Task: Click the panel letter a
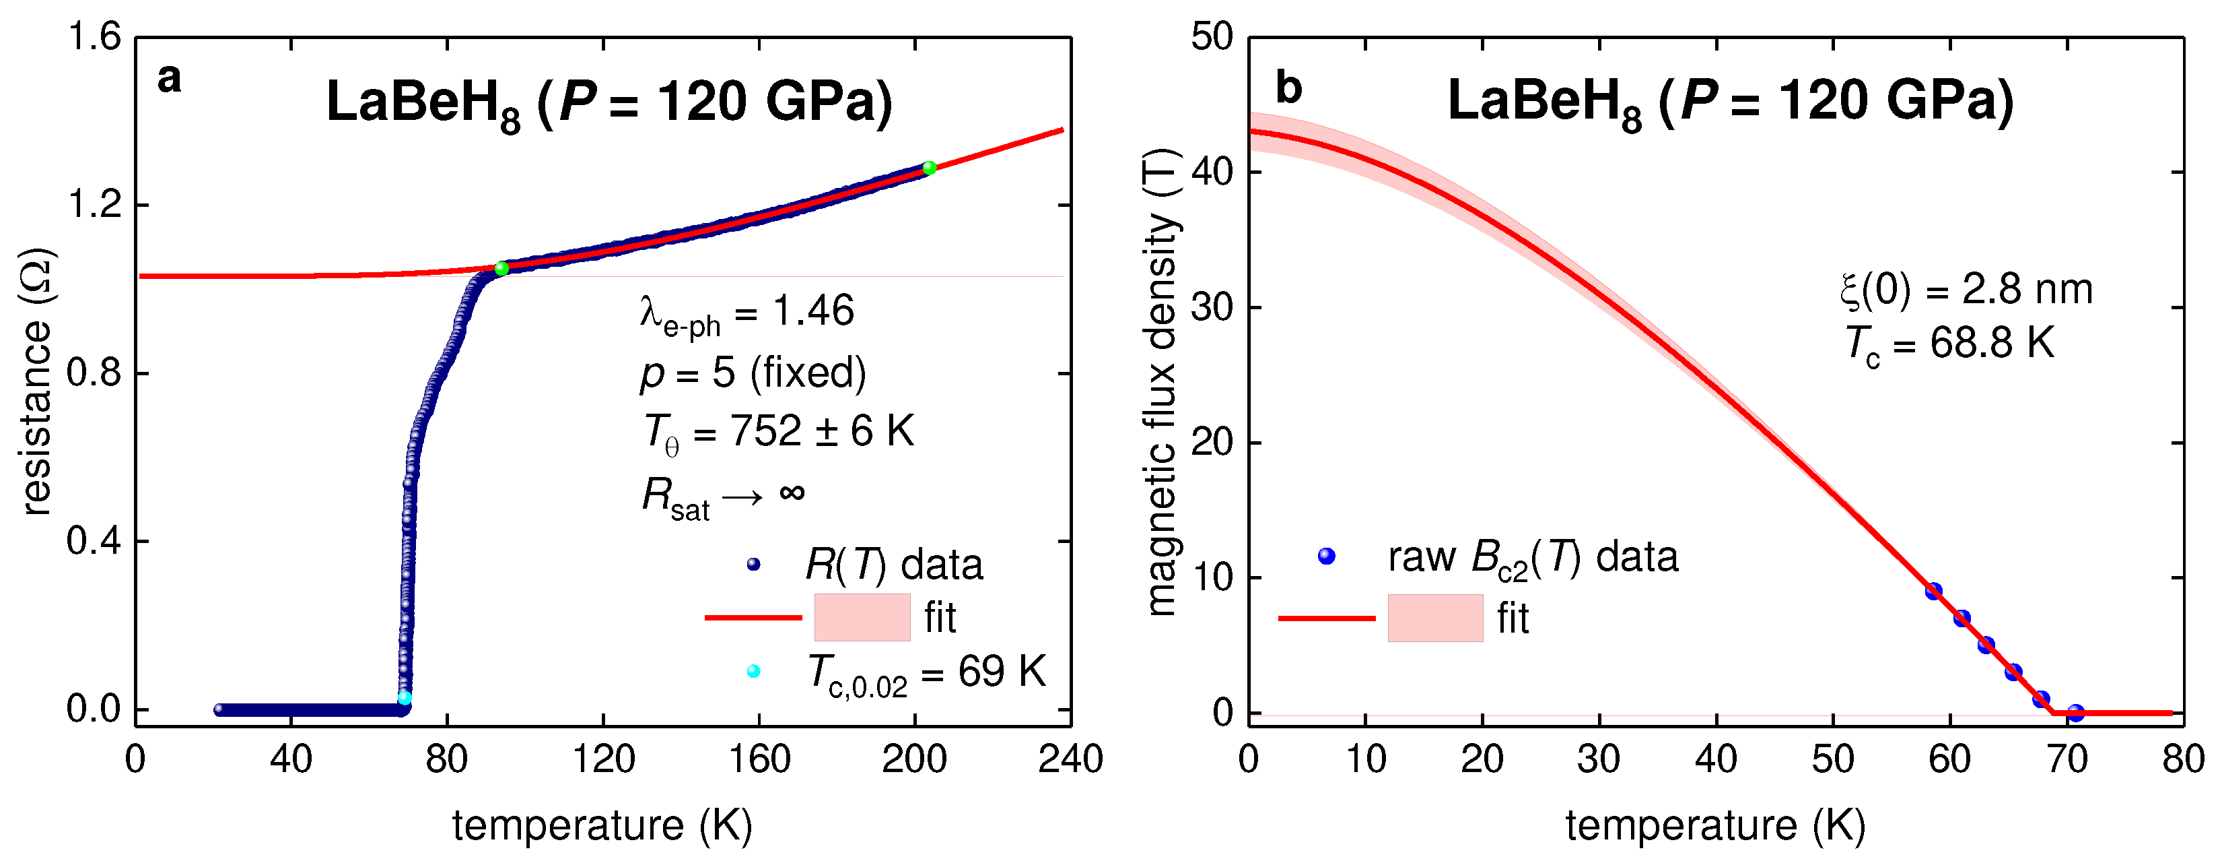169,79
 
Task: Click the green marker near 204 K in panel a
929,167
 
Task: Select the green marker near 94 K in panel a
501,268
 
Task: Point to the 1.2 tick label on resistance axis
94,205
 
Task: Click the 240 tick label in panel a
1070,760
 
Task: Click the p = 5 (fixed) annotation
753,373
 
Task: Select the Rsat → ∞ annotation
723,497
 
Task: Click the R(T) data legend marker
753,564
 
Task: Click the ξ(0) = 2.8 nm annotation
1966,290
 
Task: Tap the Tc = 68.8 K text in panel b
1949,345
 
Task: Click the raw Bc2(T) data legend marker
1326,556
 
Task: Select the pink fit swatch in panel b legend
1435,618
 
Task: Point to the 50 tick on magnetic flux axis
1212,37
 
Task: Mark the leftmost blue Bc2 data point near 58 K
1933,591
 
